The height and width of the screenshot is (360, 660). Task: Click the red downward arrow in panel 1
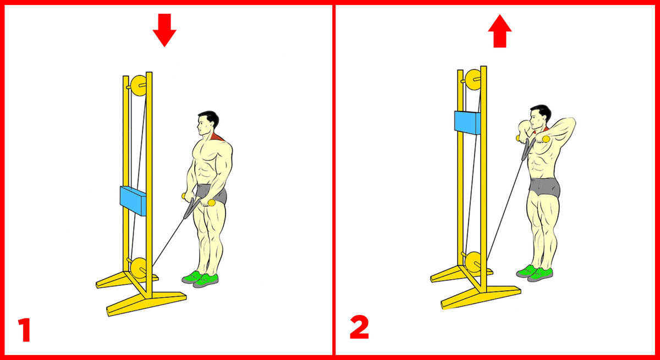click(164, 30)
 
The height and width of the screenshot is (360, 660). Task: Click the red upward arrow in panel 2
click(500, 31)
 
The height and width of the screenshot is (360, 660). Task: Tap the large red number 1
click(25, 330)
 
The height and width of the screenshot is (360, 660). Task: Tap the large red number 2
click(359, 327)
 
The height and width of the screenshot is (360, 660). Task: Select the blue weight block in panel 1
click(133, 201)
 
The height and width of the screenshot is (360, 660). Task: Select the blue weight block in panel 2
click(468, 123)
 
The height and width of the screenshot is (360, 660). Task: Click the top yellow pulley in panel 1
click(138, 85)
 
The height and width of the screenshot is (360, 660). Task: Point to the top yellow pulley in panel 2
click(473, 80)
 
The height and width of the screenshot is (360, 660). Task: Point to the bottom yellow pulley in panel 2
click(474, 262)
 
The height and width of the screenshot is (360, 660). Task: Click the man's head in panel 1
click(208, 123)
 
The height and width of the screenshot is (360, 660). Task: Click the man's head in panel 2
click(540, 117)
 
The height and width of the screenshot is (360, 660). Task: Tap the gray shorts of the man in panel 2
click(544, 187)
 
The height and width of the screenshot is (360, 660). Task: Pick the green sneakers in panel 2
click(535, 274)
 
